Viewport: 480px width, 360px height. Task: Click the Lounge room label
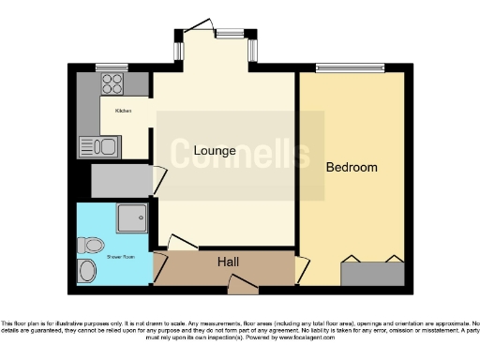point(195,150)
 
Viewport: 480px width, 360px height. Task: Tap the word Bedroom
point(352,168)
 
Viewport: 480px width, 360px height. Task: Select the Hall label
point(227,261)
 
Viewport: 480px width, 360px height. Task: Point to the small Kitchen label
point(123,111)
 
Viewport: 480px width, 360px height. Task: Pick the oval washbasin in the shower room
point(87,271)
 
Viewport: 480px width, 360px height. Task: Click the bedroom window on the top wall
point(348,67)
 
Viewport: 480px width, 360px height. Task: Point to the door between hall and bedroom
point(301,269)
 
